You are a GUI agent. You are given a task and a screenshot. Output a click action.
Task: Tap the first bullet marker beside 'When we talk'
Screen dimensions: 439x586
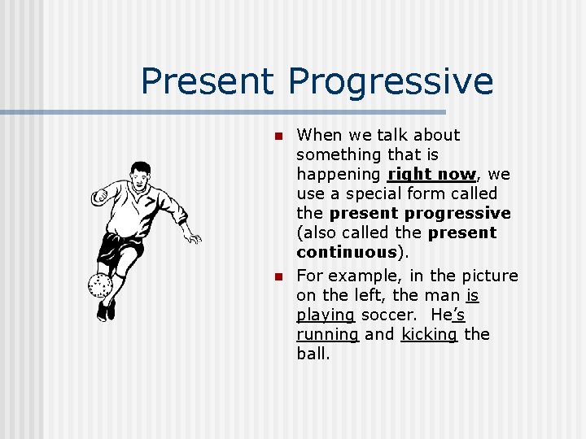(x=277, y=136)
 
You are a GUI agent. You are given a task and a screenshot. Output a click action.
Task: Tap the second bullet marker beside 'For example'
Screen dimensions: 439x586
(x=277, y=277)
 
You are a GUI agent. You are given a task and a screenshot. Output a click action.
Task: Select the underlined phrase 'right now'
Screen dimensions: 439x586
(x=431, y=174)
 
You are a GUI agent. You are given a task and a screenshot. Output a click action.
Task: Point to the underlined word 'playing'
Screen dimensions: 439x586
(x=326, y=315)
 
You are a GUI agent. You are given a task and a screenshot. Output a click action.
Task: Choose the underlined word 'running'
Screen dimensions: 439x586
(x=327, y=334)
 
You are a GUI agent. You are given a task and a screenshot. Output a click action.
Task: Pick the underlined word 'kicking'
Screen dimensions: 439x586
(x=429, y=334)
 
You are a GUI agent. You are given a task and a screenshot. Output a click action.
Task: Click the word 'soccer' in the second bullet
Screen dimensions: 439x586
(x=387, y=314)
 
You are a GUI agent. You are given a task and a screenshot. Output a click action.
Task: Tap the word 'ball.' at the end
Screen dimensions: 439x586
(x=313, y=354)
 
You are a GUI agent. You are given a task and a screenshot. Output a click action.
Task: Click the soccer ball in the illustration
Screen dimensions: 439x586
(x=99, y=285)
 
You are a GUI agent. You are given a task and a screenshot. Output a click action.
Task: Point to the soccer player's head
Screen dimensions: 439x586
(x=140, y=173)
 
